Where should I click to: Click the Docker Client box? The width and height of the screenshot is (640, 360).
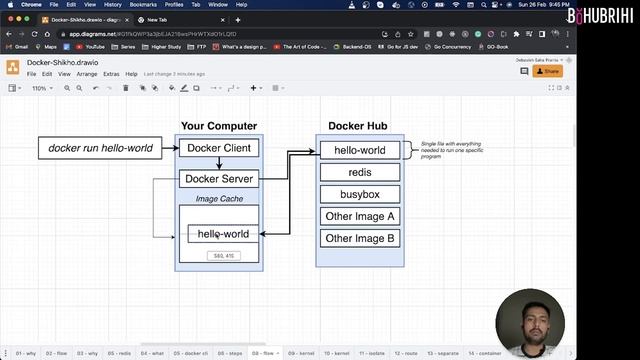pyautogui.click(x=219, y=148)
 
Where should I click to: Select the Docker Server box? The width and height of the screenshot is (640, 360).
pyautogui.click(x=219, y=179)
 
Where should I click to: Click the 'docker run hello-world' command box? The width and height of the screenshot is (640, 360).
pyautogui.click(x=101, y=148)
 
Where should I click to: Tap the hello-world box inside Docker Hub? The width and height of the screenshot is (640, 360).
pyautogui.click(x=359, y=150)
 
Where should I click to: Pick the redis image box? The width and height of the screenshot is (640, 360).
pyautogui.click(x=359, y=172)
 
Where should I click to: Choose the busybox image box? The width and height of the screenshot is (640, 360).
pyautogui.click(x=359, y=194)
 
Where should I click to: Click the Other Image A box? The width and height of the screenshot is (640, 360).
pyautogui.click(x=359, y=216)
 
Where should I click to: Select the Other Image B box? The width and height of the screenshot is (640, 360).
pyautogui.click(x=359, y=238)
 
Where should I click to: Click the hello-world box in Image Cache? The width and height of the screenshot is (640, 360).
pyautogui.click(x=223, y=234)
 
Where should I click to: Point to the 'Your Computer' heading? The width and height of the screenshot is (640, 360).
pyautogui.click(x=219, y=126)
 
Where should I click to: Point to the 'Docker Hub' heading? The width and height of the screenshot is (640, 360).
pyautogui.click(x=358, y=126)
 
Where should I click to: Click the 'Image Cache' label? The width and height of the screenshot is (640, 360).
pyautogui.click(x=219, y=199)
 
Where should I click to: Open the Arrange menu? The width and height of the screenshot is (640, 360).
pyautogui.click(x=87, y=74)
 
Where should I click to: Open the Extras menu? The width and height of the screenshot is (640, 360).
pyautogui.click(x=111, y=74)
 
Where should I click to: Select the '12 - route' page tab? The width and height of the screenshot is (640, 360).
pyautogui.click(x=406, y=353)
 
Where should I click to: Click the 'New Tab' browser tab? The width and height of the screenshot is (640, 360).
pyautogui.click(x=158, y=19)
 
